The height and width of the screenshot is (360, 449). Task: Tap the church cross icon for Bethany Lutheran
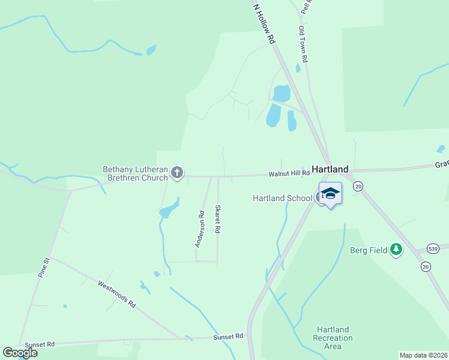click(x=176, y=173)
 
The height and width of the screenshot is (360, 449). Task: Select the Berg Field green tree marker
click(x=396, y=249)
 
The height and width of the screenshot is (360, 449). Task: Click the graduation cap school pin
click(x=330, y=194)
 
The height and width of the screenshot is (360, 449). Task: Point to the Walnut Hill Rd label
click(x=289, y=173)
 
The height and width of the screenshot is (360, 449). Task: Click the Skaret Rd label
click(x=218, y=219)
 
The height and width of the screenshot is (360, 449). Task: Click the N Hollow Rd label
click(x=264, y=23)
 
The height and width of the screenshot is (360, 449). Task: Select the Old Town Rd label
click(x=304, y=44)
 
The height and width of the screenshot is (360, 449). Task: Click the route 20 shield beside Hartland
click(x=358, y=186)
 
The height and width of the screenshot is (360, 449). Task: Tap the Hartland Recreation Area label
click(x=333, y=338)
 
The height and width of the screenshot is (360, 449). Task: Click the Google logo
click(x=20, y=352)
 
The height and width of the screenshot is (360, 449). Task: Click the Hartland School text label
click(x=282, y=198)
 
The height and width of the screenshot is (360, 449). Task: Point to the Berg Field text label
click(x=369, y=250)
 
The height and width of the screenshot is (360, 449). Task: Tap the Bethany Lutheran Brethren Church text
click(x=136, y=173)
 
